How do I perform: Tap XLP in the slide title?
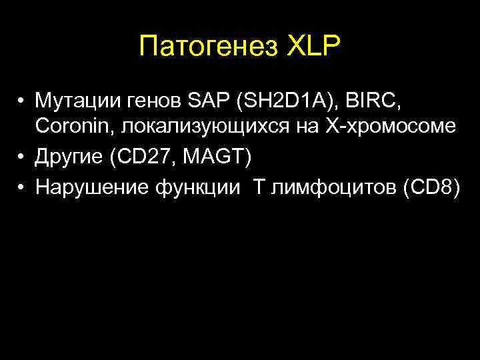pos(313,47)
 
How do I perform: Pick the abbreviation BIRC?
pos(380,101)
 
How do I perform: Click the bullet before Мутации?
pos(22,102)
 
